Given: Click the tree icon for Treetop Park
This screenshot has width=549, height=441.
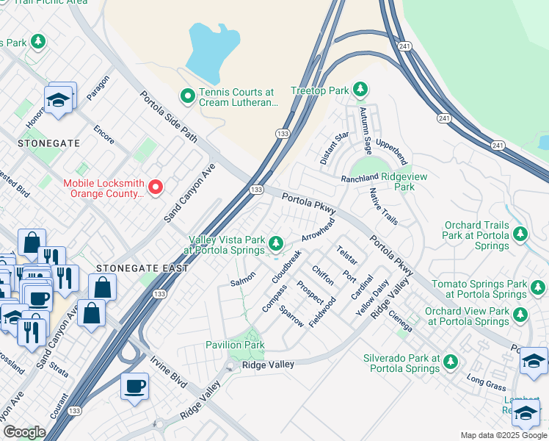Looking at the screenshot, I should [360, 90].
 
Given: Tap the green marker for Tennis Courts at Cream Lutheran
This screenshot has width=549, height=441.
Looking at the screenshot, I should [187, 96].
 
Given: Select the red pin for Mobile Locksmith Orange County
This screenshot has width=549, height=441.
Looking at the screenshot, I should [156, 188].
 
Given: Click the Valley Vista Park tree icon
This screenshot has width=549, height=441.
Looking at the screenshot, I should [276, 243].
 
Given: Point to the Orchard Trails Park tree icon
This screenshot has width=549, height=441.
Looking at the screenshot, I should [520, 234].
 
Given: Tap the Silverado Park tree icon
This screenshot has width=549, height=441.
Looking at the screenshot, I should [450, 361].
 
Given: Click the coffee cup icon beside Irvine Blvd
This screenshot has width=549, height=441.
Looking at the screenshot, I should [134, 386].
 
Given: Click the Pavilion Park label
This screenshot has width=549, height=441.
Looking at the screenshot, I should [235, 344].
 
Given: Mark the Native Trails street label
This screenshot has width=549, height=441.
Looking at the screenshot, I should [383, 207].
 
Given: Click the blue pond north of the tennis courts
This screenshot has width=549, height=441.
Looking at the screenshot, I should [212, 51].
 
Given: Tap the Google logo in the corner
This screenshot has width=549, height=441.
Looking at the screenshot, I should [24, 432].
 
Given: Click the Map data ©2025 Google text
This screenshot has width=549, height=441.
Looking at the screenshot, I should [503, 435].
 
